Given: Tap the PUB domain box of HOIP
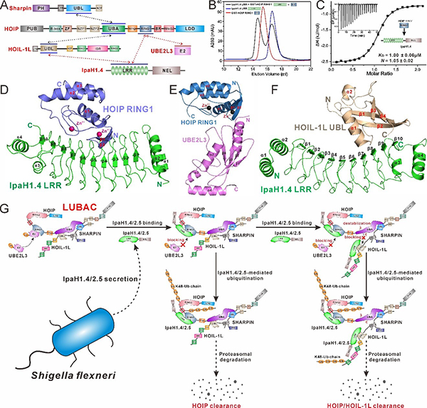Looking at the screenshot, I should coord(52,35).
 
